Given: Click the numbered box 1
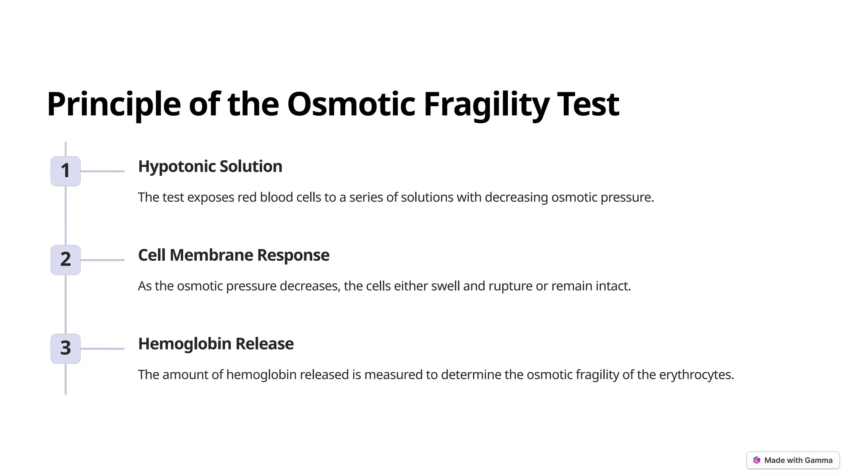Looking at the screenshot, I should pos(65,171).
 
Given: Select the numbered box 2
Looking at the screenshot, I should pos(65,260).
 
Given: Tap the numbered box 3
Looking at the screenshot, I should pos(65,348).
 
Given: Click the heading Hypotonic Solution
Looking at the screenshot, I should pos(210,167).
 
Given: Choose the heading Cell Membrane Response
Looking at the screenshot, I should pos(234,255).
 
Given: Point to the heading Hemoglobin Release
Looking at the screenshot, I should pos(215,344).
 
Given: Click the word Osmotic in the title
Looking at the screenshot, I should pos(351,104).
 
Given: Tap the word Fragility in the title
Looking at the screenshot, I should pos(486,104).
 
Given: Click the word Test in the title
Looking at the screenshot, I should pos(588,104).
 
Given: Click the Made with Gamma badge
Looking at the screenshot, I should pos(793,460).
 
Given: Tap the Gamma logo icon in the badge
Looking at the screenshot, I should pos(757,460).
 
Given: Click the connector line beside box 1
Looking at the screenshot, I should pos(102,171).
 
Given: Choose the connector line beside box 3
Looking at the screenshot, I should pos(102,349).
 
